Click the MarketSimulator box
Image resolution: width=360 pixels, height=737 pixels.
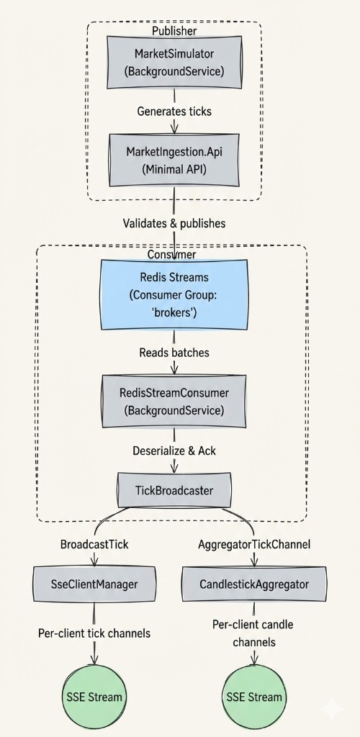click(174, 63)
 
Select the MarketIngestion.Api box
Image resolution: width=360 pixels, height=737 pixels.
click(174, 160)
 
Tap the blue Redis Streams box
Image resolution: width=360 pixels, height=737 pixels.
click(174, 295)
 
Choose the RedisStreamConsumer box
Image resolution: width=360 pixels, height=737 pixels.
click(174, 401)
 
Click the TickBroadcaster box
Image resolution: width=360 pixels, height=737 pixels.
click(174, 491)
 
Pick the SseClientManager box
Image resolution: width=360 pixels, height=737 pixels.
click(94, 584)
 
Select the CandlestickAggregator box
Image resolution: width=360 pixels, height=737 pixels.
click(253, 584)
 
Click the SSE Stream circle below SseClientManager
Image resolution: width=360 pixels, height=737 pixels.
click(94, 697)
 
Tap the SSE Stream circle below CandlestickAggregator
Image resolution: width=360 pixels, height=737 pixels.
click(253, 697)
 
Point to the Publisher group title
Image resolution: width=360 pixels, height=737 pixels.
click(174, 31)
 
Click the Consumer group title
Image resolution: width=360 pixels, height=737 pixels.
click(171, 254)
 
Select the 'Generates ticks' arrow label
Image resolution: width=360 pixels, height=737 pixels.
click(174, 112)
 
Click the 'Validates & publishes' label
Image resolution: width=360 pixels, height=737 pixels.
click(174, 223)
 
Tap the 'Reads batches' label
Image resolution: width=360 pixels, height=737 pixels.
click(174, 353)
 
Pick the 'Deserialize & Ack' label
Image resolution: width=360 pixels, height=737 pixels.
click(174, 451)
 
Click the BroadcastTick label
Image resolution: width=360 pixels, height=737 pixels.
click(94, 544)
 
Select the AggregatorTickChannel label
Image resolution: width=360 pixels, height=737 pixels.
click(253, 544)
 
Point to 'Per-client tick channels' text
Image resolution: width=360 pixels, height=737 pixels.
click(94, 633)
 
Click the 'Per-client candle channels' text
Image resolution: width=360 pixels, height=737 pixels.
click(253, 632)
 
